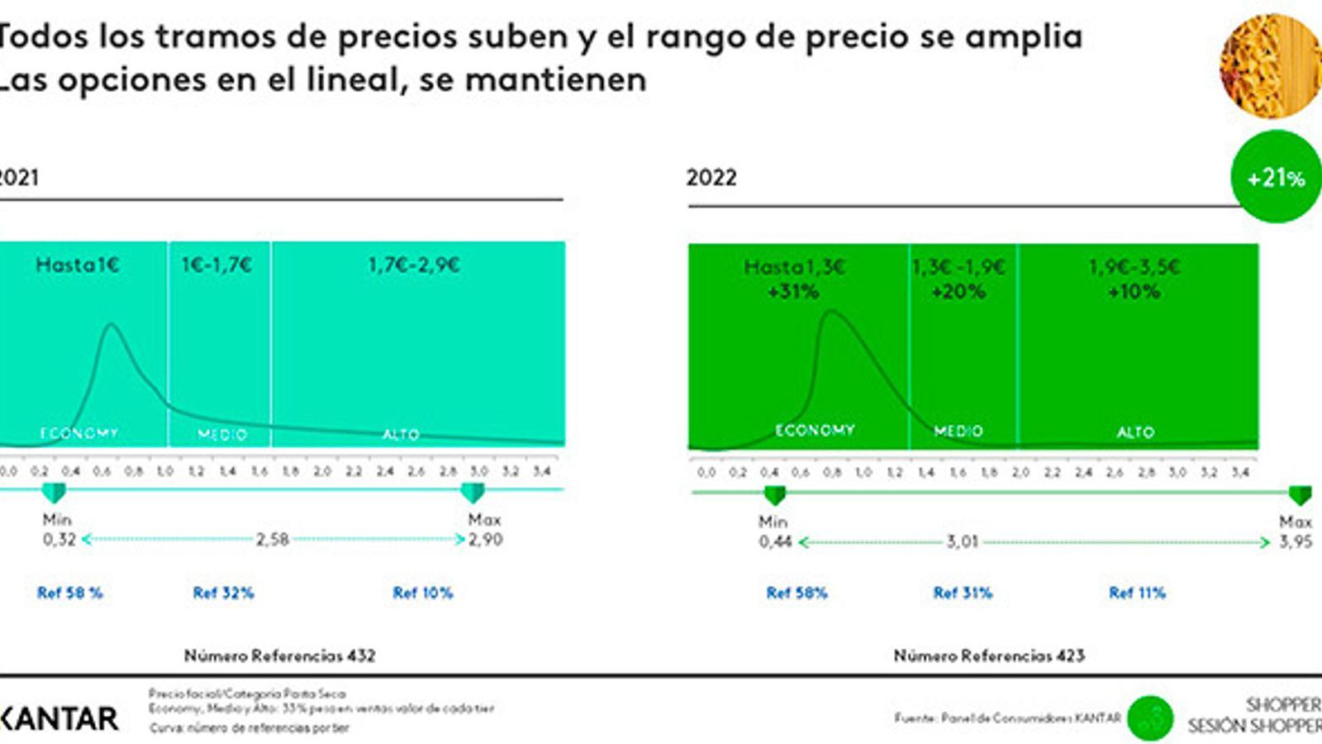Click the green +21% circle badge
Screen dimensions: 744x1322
click(1275, 177)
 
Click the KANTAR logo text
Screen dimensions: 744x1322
click(59, 718)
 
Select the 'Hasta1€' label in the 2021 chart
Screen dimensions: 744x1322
click(78, 265)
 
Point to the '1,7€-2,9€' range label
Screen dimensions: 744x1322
click(414, 265)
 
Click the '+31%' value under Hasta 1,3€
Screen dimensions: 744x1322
click(792, 291)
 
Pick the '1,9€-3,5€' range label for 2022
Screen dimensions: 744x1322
click(1134, 267)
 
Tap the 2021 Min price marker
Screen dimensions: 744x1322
click(54, 494)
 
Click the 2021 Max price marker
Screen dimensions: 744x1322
click(473, 494)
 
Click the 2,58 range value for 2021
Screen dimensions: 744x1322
click(273, 540)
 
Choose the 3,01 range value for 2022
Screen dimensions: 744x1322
click(963, 542)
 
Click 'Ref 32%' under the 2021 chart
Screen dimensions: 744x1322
click(223, 593)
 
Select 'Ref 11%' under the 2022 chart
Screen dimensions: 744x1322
click(1137, 593)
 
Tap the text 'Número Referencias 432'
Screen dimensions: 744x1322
click(279, 656)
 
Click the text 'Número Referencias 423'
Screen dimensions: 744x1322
click(989, 656)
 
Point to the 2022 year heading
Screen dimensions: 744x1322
click(711, 178)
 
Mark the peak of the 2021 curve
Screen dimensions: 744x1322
click(112, 326)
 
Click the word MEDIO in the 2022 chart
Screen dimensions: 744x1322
click(958, 431)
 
